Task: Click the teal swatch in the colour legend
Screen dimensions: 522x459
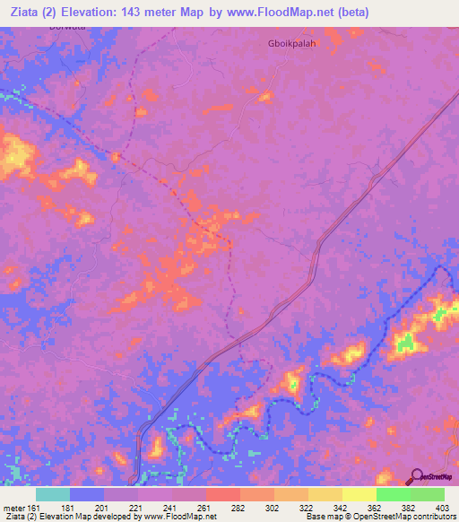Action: (x=53, y=494)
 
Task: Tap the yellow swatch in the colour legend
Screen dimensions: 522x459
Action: (x=359, y=494)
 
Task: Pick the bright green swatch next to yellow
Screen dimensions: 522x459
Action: (x=393, y=494)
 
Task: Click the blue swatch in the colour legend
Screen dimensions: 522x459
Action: (x=87, y=494)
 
